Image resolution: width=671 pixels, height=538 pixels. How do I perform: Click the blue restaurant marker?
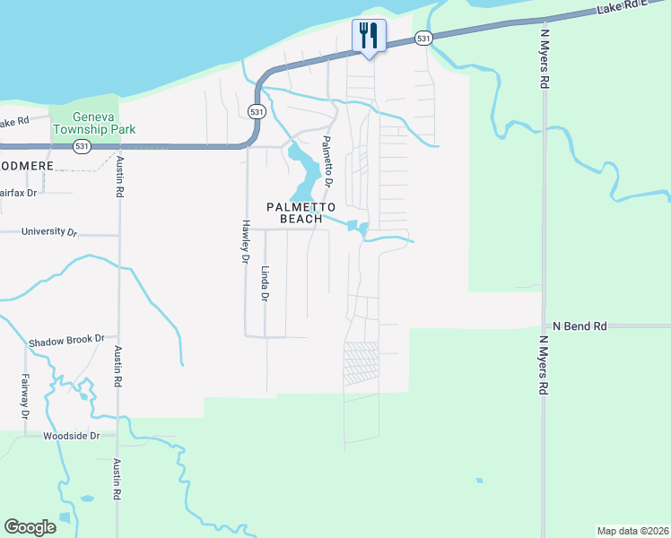coord(368,37)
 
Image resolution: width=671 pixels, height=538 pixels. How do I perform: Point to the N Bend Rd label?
coord(579,325)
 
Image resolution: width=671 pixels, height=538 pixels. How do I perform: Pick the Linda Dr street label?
coord(265,283)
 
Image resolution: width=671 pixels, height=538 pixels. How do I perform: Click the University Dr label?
coord(48,232)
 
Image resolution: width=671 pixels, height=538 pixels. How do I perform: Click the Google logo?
coord(30,527)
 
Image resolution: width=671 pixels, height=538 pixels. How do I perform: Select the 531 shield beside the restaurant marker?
coord(423,38)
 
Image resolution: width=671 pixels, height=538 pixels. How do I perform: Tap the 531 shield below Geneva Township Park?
coord(83,146)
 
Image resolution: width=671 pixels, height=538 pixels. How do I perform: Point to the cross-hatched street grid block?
coord(362,363)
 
